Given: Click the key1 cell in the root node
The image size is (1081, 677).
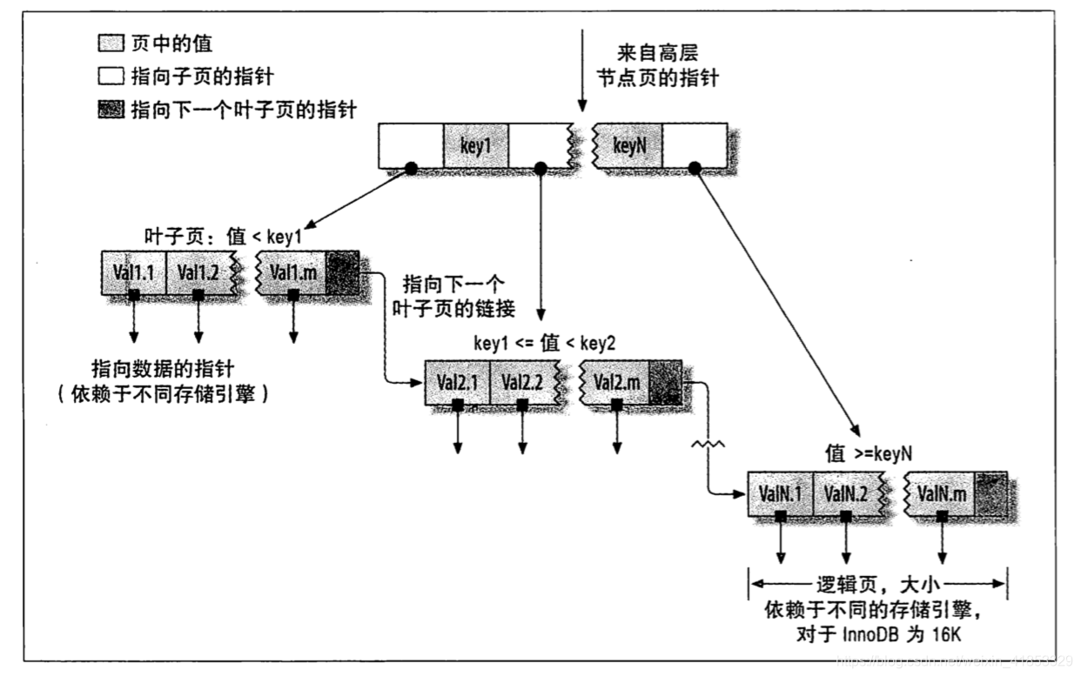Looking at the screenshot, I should pyautogui.click(x=475, y=145).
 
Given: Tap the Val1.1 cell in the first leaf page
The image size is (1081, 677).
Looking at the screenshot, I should pyautogui.click(x=133, y=273).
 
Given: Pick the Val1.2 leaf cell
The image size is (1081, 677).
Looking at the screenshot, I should pyautogui.click(x=199, y=273).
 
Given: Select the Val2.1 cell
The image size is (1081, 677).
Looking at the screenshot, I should pyautogui.click(x=457, y=381).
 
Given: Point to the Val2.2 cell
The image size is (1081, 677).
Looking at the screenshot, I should pyautogui.click(x=523, y=381).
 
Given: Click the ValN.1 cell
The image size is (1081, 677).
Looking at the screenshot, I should pyautogui.click(x=780, y=493).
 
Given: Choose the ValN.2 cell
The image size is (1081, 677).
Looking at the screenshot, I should pyautogui.click(x=846, y=493).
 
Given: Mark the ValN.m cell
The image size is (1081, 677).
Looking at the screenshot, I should pyautogui.click(x=943, y=493).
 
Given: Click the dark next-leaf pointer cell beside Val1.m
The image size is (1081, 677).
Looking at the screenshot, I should pyautogui.click(x=341, y=273).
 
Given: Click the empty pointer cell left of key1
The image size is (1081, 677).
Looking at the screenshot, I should pyautogui.click(x=411, y=145).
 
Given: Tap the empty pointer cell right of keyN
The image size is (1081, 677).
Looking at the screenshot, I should pyautogui.click(x=694, y=145).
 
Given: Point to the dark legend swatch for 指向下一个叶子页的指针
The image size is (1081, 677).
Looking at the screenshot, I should pyautogui.click(x=112, y=109).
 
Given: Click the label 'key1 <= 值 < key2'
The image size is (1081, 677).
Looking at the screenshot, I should pyautogui.click(x=544, y=343).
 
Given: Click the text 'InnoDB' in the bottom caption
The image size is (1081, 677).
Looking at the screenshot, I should pyautogui.click(x=869, y=633).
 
